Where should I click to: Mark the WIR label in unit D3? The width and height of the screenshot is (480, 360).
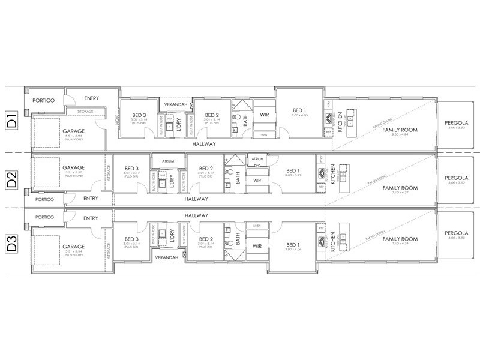[x=257, y=246]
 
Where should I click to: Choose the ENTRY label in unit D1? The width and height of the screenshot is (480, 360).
[x=91, y=98]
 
